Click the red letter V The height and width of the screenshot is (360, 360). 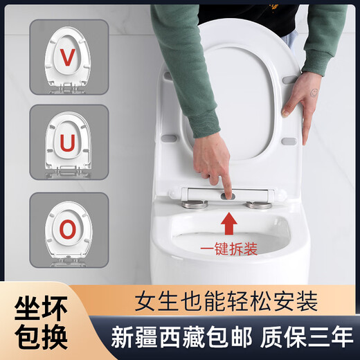click(67, 57)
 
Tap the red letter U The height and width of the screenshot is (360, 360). click(67, 143)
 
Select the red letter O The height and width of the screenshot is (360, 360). click(68, 229)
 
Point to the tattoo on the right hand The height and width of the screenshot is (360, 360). click(314, 92)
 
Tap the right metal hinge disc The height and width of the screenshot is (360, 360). click(260, 205)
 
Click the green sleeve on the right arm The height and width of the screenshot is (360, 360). click(325, 35)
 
